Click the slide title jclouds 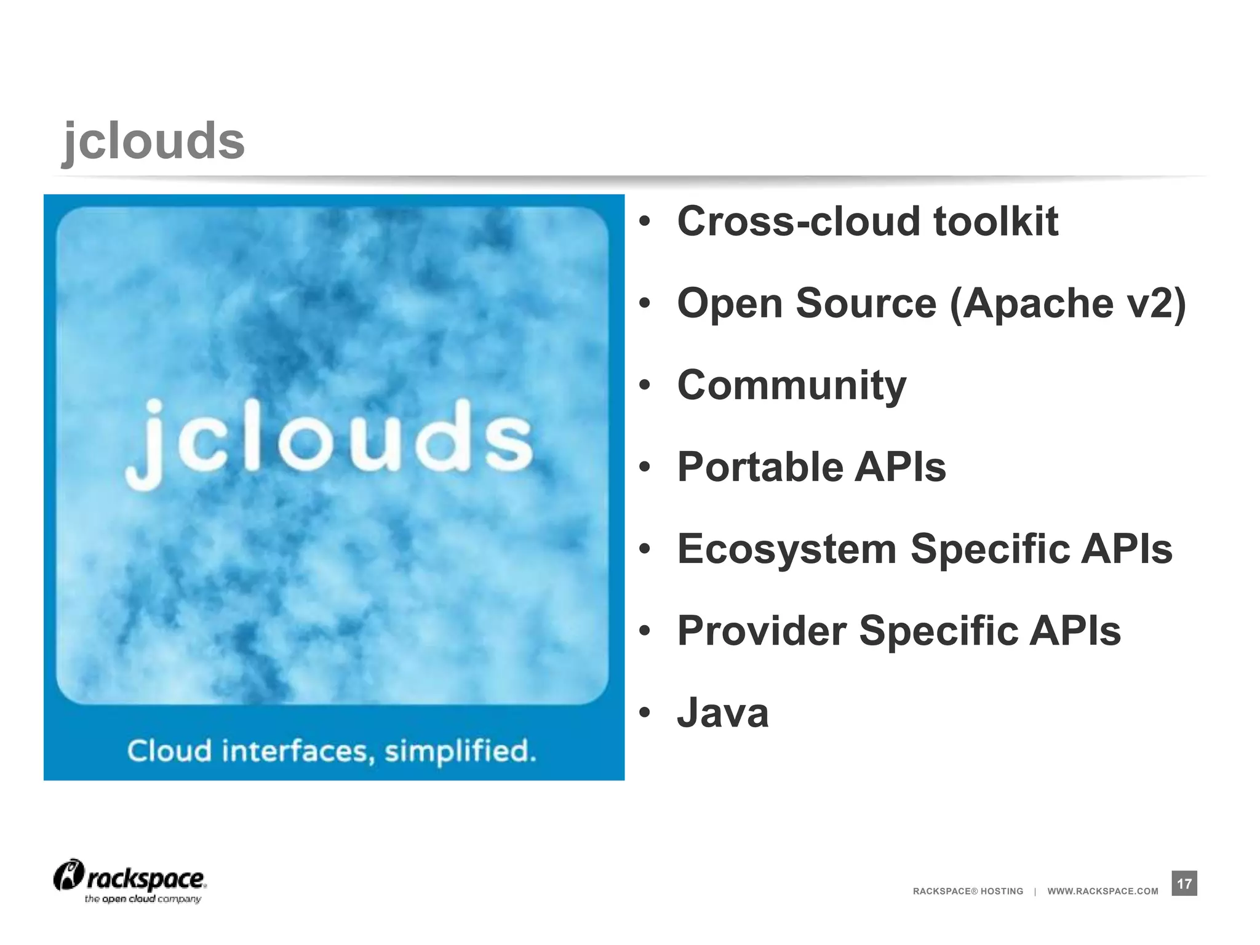(154, 142)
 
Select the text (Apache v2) (1067, 303)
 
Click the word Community (792, 386)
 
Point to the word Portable (759, 467)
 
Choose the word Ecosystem (786, 549)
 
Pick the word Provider (761, 631)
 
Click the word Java (723, 713)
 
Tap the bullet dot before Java (644, 713)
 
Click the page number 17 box (1184, 883)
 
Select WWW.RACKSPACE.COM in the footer (1102, 891)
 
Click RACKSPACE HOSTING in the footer (968, 891)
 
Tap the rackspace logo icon (68, 875)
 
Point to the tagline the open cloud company (143, 899)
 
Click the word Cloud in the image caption (169, 751)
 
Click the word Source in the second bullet (866, 303)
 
